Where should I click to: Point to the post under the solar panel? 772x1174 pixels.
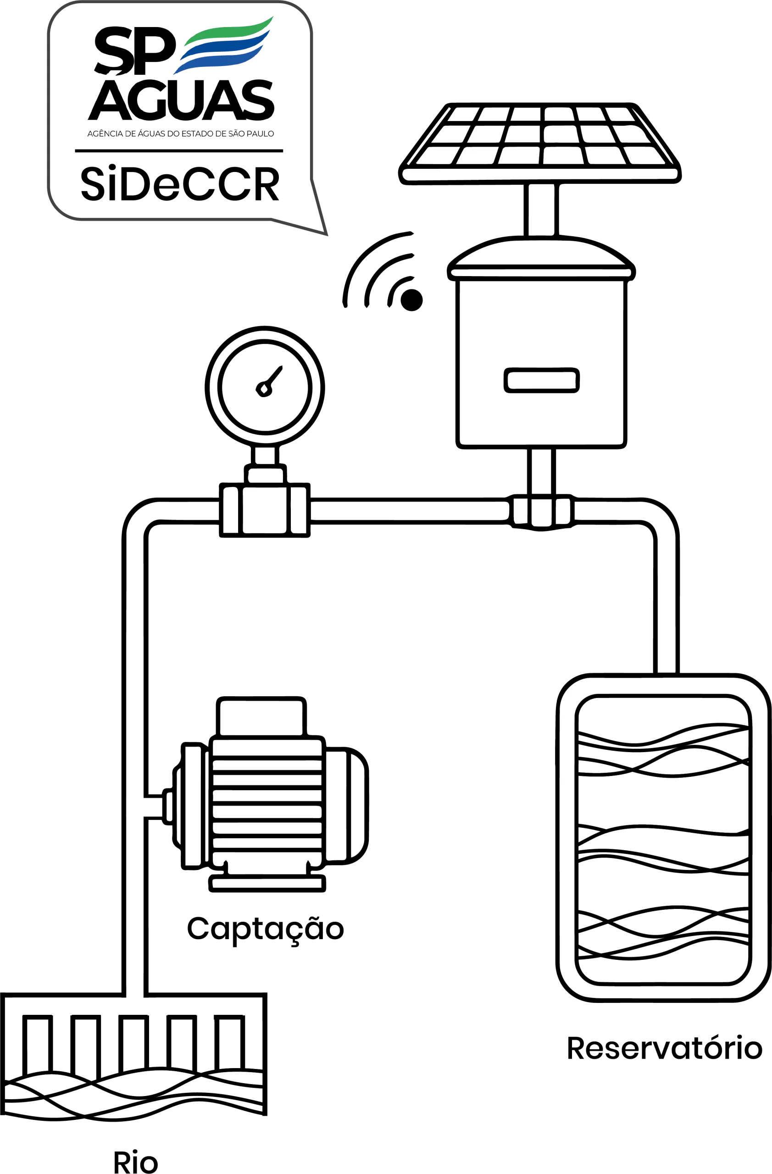tap(541, 210)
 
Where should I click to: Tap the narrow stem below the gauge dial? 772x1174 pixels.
tap(265, 456)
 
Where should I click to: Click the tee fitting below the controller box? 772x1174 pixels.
tap(541, 511)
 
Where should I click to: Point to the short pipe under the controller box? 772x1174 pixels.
tap(541, 471)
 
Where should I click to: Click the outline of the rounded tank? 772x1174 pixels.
tap(567, 839)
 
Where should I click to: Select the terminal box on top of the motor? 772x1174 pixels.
tap(261, 718)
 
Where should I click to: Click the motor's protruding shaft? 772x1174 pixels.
tap(144, 807)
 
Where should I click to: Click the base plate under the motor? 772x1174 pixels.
tap(267, 883)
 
